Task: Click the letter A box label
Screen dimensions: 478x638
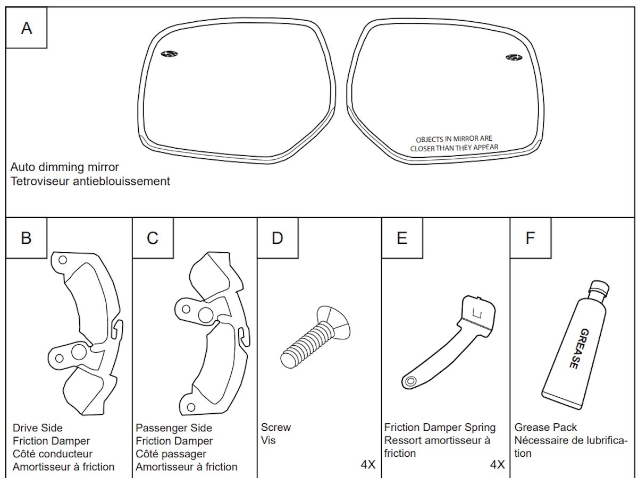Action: (x=26, y=28)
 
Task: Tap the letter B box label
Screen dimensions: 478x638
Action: (x=26, y=238)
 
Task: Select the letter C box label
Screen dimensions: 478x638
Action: (x=153, y=238)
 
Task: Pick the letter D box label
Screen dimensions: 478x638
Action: (x=277, y=238)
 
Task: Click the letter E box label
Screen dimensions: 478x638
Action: (x=402, y=238)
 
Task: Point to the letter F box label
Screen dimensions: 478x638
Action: (x=530, y=238)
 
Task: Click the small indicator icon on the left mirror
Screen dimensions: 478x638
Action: (x=170, y=54)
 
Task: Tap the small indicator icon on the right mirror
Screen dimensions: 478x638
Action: (x=513, y=57)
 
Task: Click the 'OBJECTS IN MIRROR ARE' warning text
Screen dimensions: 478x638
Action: (x=454, y=139)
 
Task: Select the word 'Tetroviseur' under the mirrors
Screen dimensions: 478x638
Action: (x=37, y=181)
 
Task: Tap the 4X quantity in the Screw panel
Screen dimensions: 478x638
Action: (x=368, y=465)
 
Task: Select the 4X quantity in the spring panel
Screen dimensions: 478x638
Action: (x=497, y=465)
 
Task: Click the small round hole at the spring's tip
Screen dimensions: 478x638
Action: (x=410, y=381)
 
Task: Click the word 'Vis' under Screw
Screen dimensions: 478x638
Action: (x=268, y=440)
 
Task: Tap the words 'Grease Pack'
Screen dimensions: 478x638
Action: (x=545, y=428)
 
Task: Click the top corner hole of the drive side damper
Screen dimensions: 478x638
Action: (x=63, y=260)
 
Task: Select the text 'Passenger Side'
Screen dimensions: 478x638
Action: (x=174, y=428)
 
